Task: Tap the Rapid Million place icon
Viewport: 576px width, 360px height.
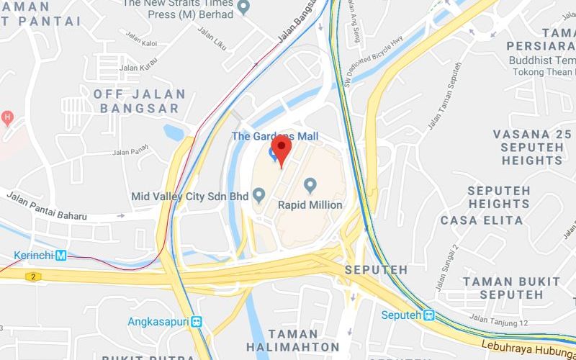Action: click(311, 186)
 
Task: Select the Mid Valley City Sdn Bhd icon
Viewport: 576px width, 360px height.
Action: click(261, 194)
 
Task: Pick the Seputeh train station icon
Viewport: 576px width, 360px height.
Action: click(429, 315)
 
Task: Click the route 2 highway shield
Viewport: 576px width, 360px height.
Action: click(32, 276)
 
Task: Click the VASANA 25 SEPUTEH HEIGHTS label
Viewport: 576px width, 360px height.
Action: click(532, 147)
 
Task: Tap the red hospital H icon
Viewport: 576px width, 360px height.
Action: click(8, 116)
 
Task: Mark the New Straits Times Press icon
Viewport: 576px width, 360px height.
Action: click(243, 8)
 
